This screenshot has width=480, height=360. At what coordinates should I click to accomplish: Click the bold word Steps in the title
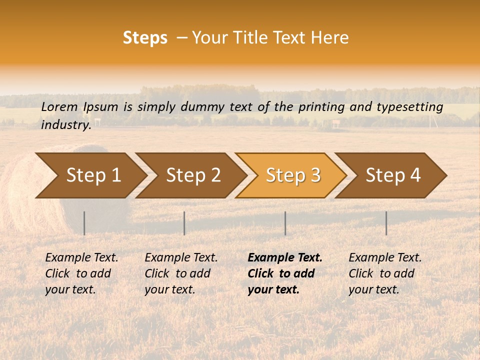145,38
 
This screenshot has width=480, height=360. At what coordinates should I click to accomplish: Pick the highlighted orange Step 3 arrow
293,175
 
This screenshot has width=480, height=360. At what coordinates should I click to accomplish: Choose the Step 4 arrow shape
393,175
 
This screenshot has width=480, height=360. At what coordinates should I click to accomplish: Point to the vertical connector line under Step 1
84,223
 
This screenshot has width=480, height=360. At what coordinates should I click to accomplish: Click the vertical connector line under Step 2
184,223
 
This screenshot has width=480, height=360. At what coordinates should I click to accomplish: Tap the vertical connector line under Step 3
285,223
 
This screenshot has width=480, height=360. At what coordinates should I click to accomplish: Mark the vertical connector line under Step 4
386,223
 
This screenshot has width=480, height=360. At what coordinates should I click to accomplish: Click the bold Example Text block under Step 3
284,273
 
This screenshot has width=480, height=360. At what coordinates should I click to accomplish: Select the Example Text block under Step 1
81,273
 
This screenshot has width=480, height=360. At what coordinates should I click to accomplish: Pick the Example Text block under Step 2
180,273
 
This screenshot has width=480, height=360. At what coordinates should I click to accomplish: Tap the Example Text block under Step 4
384,273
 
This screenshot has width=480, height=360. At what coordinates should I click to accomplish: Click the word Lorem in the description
59,107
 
